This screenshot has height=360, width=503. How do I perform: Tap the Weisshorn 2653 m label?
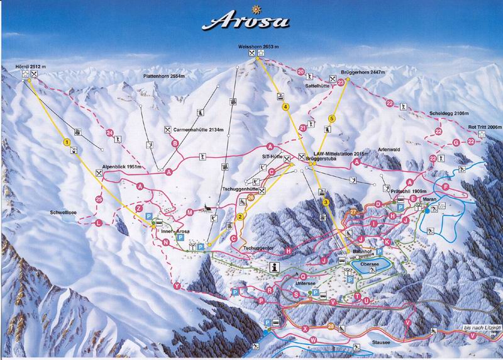(x=258, y=47)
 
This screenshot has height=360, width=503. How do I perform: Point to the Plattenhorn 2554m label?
(x=162, y=76)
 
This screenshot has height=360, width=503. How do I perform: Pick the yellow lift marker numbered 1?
(x=65, y=143)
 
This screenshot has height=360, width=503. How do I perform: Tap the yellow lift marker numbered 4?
(x=285, y=108)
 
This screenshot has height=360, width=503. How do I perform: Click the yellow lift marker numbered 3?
(x=326, y=202)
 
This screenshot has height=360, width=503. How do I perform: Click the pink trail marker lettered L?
(x=98, y=223)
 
